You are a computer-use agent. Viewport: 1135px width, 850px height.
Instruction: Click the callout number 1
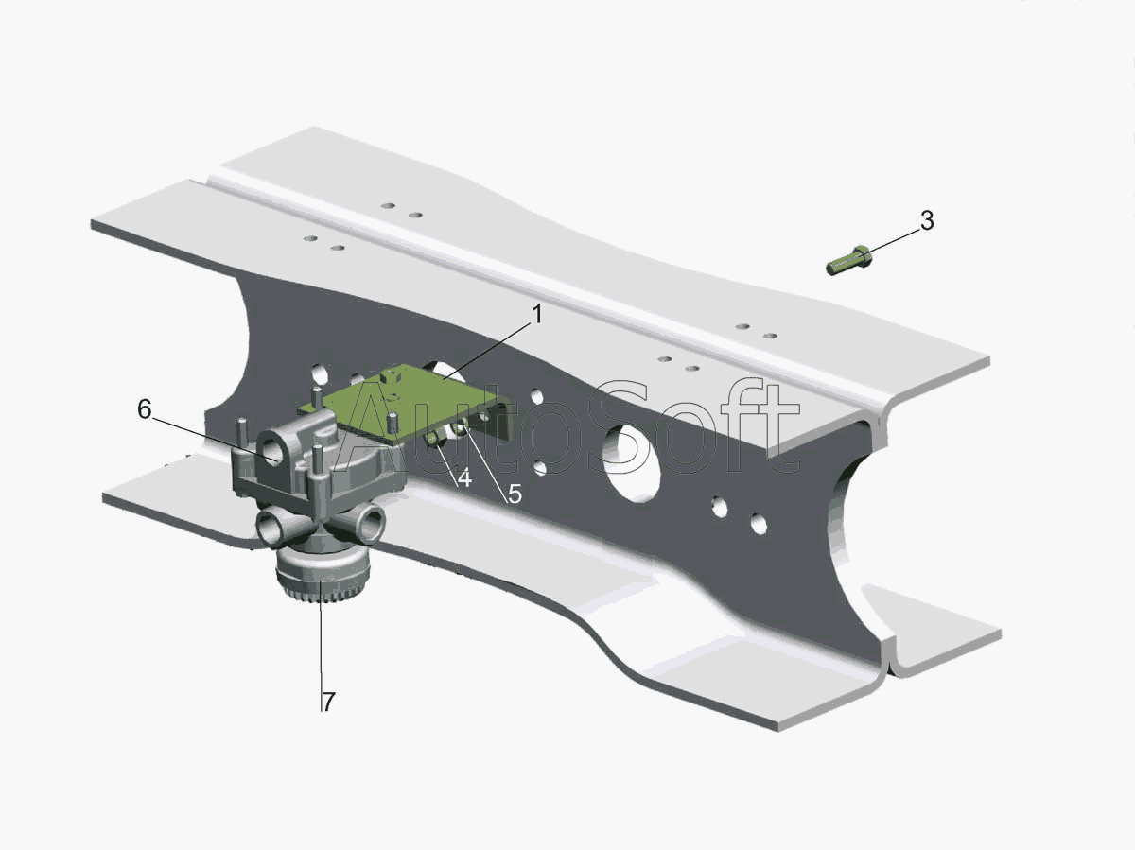pos(538,314)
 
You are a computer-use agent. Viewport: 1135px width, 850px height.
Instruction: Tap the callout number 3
pos(927,220)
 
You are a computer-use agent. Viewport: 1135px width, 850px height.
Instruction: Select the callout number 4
pos(464,478)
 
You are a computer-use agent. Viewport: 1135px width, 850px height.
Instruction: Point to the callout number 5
pos(515,494)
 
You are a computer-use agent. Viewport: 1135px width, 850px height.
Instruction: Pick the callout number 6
pos(145,409)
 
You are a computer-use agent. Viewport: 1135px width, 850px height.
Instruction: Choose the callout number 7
pos(329,702)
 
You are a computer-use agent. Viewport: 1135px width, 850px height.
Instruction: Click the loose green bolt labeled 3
pos(849,260)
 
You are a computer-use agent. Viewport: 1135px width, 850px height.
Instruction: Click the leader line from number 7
pos(321,648)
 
